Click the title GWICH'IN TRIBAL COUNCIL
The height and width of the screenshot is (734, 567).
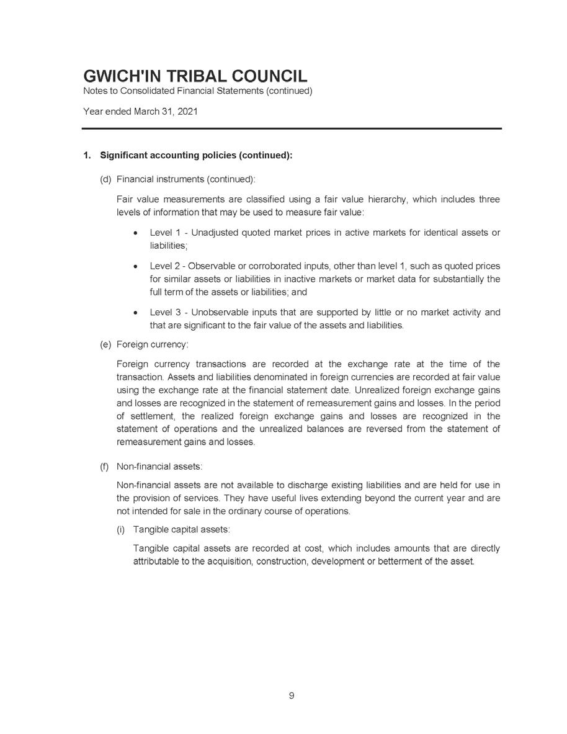195,76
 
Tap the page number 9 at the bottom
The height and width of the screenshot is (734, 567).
291,696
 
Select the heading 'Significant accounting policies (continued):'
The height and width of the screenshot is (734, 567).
196,155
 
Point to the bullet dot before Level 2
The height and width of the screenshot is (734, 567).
135,267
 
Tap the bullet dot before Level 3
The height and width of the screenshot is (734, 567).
135,313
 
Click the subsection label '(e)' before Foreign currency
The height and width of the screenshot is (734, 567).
106,344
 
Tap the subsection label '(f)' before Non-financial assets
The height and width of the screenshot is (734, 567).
105,465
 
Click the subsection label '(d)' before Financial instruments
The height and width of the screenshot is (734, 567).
106,179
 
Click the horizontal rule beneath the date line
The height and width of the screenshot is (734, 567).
292,128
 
